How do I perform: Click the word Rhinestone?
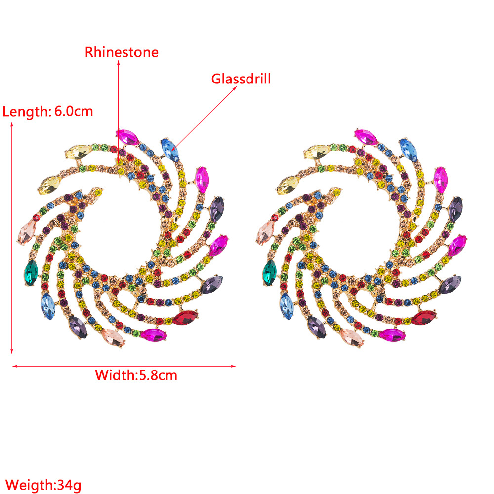click(x=122, y=52)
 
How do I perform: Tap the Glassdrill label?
click(x=241, y=79)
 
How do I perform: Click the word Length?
click(x=26, y=112)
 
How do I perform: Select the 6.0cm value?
click(x=74, y=111)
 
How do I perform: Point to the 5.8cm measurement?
click(x=158, y=375)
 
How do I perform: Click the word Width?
click(x=115, y=375)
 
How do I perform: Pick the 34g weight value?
click(x=69, y=485)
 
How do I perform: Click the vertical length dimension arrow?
click(x=12, y=238)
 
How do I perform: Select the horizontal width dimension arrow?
click(x=124, y=366)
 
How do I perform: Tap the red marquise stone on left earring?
click(x=185, y=318)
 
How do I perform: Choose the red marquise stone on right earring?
click(x=424, y=318)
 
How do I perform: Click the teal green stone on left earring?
click(x=31, y=273)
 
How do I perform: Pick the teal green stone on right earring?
click(x=270, y=273)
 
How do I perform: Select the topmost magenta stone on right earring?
click(x=366, y=137)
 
